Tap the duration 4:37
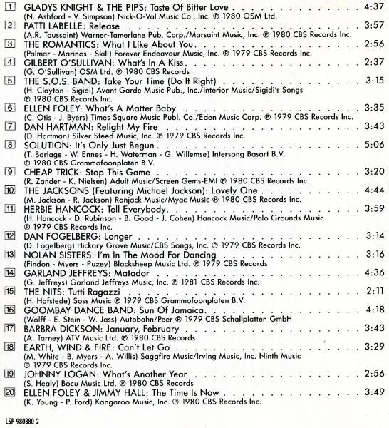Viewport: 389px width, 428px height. (371, 6)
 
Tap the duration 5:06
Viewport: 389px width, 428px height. (371, 145)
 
